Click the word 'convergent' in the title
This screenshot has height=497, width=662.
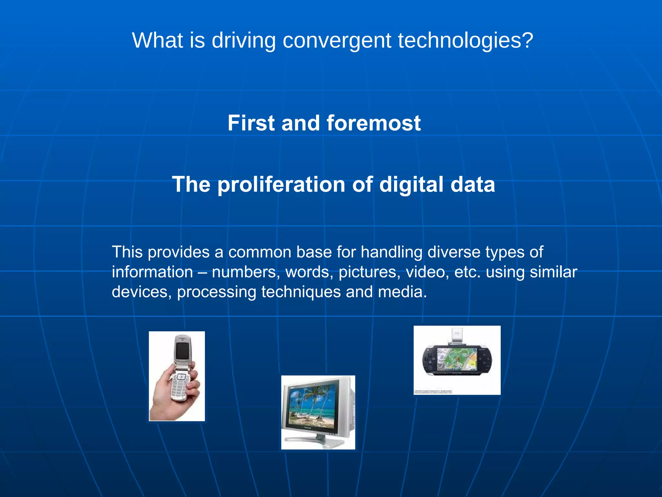coord(337,41)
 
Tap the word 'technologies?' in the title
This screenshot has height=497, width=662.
coord(465,41)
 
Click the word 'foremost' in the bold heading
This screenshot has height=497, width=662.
coord(373,123)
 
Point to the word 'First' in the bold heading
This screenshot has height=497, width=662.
coord(251,123)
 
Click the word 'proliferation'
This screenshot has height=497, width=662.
coord(282,185)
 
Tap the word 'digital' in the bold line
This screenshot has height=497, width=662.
coord(411,185)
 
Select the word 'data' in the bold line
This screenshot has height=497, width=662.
coord(473,185)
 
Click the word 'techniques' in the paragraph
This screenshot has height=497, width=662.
coord(301,292)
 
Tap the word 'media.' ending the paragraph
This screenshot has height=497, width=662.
coord(402,292)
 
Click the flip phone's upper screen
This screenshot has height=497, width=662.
coord(182,351)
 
